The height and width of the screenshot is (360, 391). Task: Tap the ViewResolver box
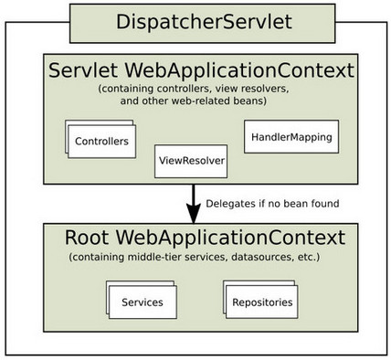pyautogui.click(x=190, y=162)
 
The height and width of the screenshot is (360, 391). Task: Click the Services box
pyautogui.click(x=143, y=302)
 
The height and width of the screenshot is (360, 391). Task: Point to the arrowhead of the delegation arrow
pyautogui.click(x=194, y=215)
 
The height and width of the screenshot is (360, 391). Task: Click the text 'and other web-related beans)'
pyautogui.click(x=194, y=102)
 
